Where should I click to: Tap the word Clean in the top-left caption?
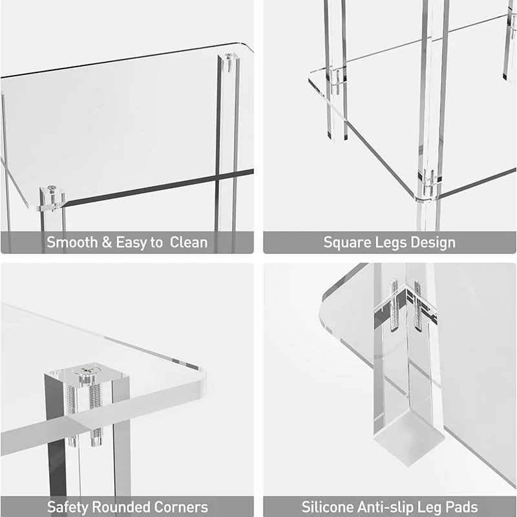[189, 243]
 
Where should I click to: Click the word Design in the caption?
[432, 243]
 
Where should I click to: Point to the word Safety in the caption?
[67, 507]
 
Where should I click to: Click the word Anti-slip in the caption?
[386, 507]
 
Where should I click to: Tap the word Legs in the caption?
[391, 243]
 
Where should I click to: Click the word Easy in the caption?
[131, 243]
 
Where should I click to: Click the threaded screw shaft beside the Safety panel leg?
[96, 414]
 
